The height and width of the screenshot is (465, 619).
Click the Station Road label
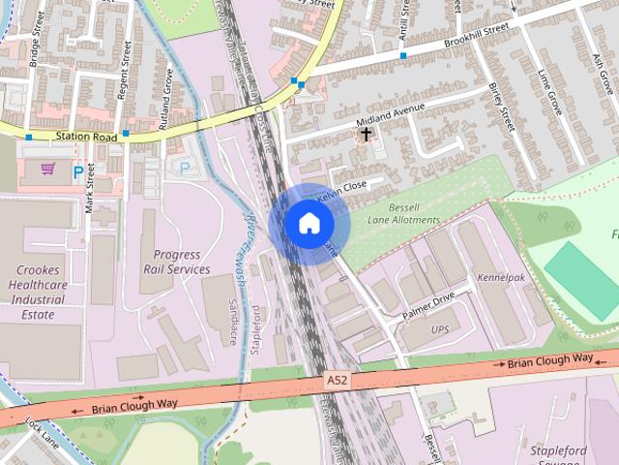tap(85, 138)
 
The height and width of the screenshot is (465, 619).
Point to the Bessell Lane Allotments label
tap(403, 214)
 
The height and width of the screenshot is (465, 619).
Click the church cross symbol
tap(367, 135)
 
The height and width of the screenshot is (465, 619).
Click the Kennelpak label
tap(500, 278)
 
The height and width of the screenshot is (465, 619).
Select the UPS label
tap(440, 330)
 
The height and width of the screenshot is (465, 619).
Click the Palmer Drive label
tap(428, 308)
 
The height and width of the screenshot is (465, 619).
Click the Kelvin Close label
tap(342, 189)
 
